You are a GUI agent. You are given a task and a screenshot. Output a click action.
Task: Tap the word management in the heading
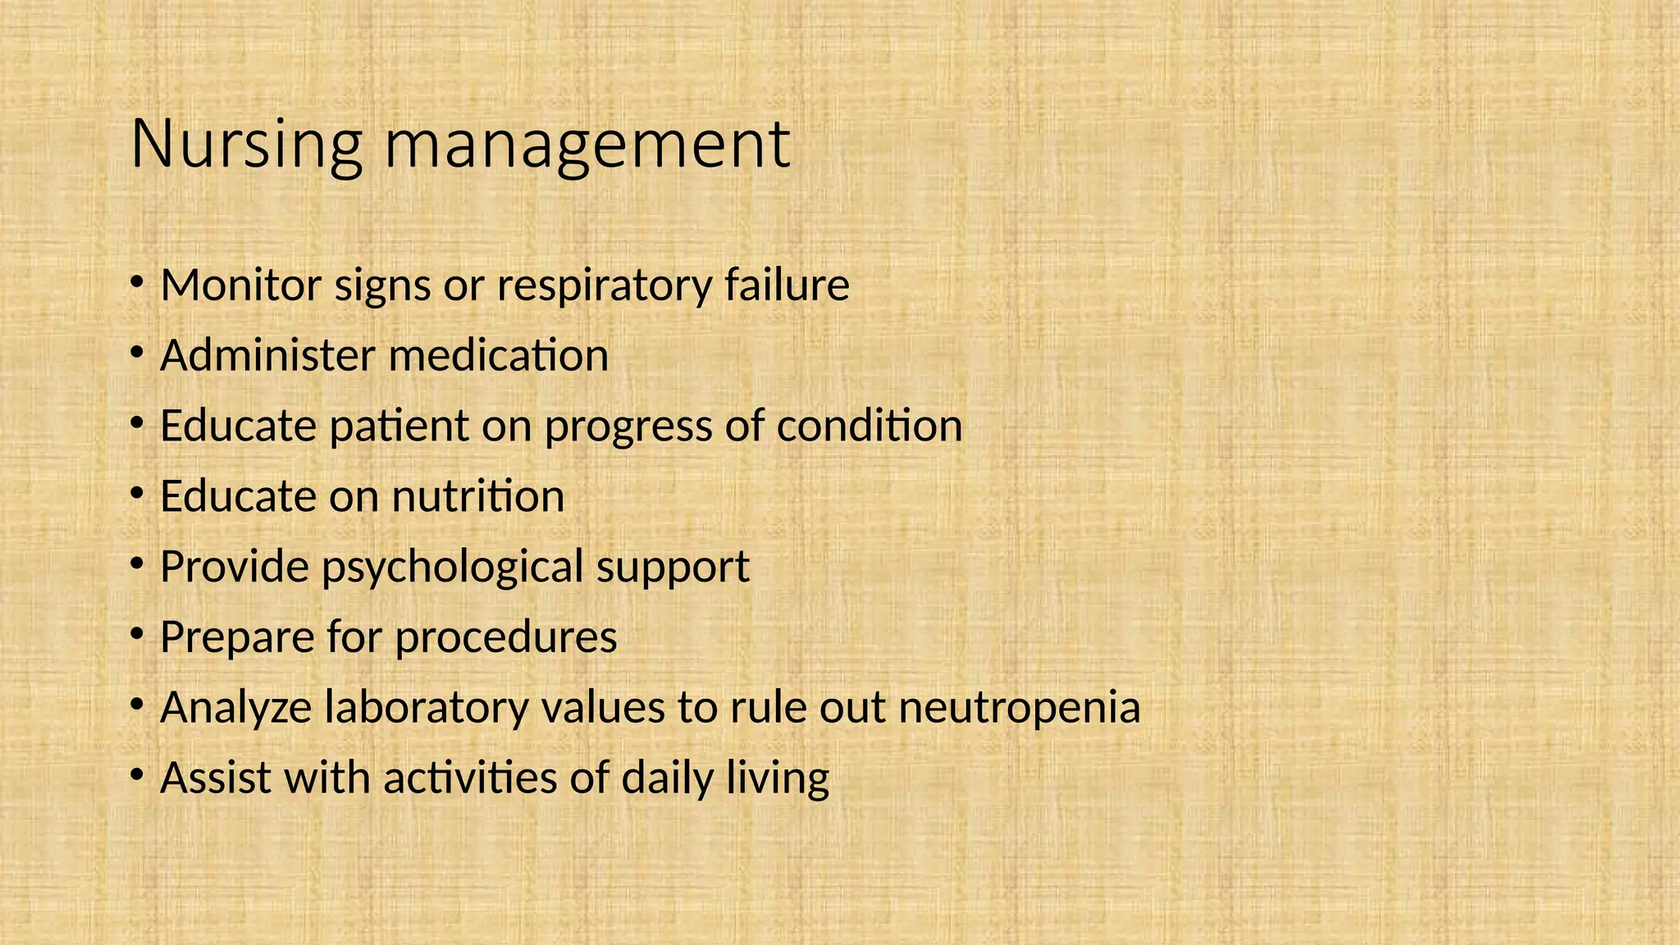click(587, 144)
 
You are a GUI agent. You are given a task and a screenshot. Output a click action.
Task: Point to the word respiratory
click(605, 285)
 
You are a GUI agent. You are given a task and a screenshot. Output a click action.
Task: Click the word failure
click(787, 285)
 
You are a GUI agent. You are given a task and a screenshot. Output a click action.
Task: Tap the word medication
click(498, 356)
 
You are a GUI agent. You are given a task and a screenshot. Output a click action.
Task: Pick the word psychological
click(452, 568)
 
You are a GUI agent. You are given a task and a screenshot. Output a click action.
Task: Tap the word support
click(673, 568)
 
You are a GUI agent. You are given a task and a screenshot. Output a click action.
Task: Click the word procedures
click(506, 637)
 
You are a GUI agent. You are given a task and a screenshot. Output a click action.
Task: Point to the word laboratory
click(427, 708)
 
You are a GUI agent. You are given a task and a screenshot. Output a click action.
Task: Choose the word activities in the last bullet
click(470, 778)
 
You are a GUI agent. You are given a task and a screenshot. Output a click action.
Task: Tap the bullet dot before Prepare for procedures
click(137, 633)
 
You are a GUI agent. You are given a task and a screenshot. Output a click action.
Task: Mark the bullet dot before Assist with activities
click(137, 774)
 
